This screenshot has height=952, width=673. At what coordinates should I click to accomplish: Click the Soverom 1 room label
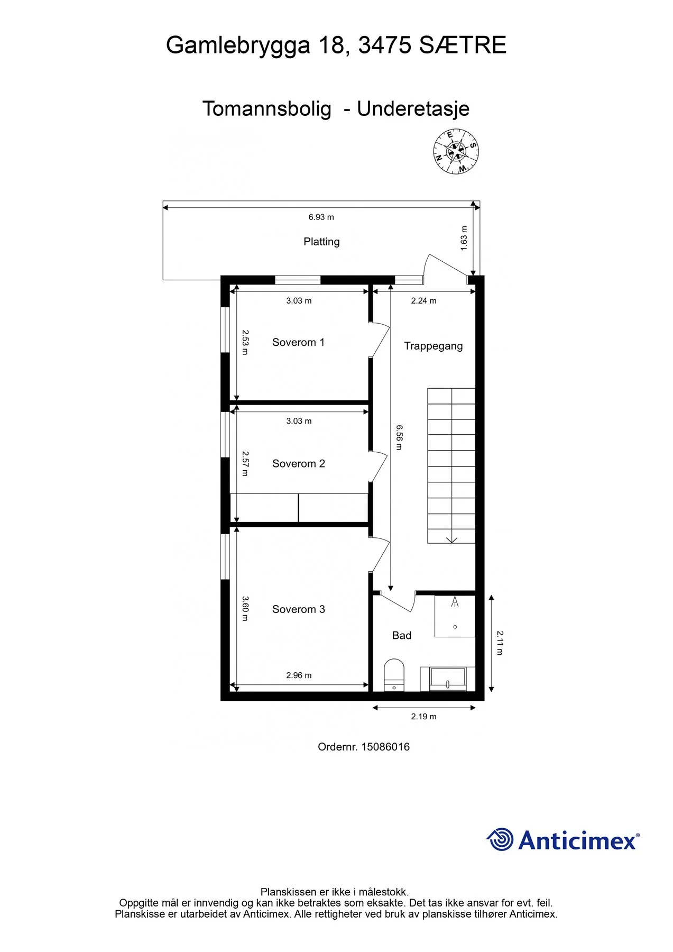298,342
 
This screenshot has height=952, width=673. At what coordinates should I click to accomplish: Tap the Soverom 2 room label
298,463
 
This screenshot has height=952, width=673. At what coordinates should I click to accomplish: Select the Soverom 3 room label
298,609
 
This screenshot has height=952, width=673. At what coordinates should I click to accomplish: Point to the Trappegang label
434,346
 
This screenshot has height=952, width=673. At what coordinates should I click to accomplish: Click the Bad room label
402,635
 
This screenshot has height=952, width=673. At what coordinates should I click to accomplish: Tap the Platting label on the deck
321,242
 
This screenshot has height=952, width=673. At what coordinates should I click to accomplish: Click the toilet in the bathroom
394,675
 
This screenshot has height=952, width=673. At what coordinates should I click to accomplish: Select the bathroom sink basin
448,679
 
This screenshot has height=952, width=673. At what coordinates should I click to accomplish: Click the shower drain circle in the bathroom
455,627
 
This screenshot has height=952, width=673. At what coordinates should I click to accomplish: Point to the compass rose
456,152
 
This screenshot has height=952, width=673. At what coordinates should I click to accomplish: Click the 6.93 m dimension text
321,217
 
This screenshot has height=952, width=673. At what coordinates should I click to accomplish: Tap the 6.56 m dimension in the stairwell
399,437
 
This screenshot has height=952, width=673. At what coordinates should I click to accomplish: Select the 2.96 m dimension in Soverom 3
299,675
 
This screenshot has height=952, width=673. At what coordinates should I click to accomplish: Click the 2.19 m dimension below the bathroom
424,717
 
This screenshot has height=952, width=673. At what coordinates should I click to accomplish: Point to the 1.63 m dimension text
464,238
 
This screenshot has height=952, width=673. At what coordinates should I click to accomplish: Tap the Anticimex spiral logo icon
500,839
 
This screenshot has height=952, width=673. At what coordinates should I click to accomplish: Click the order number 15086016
385,747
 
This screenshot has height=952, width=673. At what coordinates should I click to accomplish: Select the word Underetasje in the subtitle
413,109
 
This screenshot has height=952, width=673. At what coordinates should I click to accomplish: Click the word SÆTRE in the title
463,45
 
